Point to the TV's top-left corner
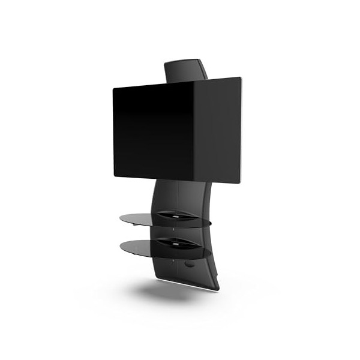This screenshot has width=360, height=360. (x=114, y=89)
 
